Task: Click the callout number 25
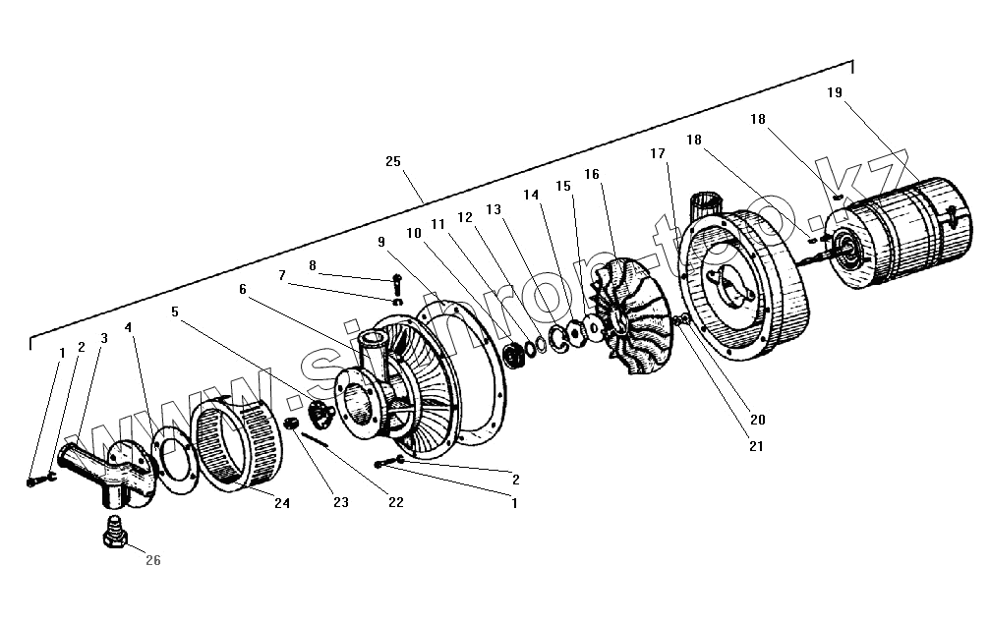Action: tap(393, 161)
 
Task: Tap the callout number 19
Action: tap(834, 92)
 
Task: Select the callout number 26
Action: tap(152, 561)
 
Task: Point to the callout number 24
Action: tap(282, 503)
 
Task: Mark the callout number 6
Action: tap(242, 289)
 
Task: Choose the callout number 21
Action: tap(756, 446)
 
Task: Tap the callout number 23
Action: tap(341, 502)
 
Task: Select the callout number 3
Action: tap(104, 338)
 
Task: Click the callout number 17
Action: tap(657, 153)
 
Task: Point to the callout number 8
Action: tap(313, 265)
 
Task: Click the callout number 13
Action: tap(494, 209)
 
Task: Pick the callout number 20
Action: tap(757, 419)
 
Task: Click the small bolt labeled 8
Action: tap(396, 285)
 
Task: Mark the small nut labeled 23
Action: tap(291, 423)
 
